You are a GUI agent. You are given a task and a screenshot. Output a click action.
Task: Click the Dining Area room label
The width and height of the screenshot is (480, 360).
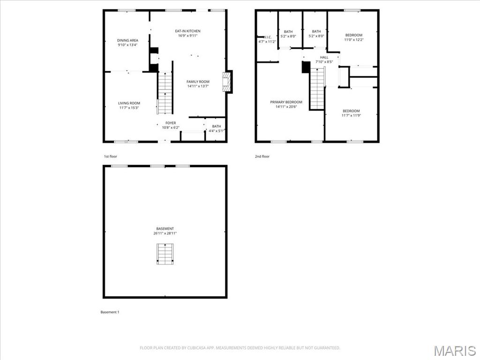pyautogui.click(x=127, y=40)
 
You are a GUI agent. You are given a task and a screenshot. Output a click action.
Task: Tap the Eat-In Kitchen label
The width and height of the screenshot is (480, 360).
pyautogui.click(x=187, y=31)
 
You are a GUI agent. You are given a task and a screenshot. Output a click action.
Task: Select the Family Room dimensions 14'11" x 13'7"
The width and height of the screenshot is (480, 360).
pyautogui.click(x=198, y=86)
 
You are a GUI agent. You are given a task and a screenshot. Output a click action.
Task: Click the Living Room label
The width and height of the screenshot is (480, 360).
pyautogui.click(x=129, y=103)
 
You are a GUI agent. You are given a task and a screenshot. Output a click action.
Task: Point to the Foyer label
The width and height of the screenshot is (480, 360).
pyautogui.click(x=171, y=123)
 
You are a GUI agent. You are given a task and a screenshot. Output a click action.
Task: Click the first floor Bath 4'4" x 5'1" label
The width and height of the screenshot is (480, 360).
pyautogui.click(x=216, y=126)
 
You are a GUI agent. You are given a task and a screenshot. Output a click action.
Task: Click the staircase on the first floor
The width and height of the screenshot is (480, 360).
pyautogui.click(x=165, y=94)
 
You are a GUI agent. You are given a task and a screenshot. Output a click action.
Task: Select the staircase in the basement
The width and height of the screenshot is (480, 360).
pyautogui.click(x=165, y=254)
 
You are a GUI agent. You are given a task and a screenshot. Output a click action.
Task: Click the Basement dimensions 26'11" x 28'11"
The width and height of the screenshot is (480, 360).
pyautogui.click(x=165, y=233)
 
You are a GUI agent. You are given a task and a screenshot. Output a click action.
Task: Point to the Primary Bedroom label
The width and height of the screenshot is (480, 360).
pyautogui.click(x=286, y=102)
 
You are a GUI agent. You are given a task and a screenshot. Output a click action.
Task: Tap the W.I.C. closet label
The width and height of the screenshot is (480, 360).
pyautogui.click(x=267, y=37)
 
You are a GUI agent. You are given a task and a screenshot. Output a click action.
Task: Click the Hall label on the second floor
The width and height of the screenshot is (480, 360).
pyautogui.click(x=324, y=57)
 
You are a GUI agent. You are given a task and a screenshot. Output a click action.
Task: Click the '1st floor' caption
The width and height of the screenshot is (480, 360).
pyautogui.click(x=111, y=156)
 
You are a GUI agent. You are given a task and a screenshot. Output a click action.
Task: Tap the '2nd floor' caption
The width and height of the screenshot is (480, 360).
pyautogui.click(x=262, y=156)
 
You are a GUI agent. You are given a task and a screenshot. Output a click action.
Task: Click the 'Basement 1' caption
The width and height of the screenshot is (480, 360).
pyautogui.click(x=110, y=312)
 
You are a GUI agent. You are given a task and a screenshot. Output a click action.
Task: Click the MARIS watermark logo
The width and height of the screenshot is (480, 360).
pyautogui.click(x=454, y=351)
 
